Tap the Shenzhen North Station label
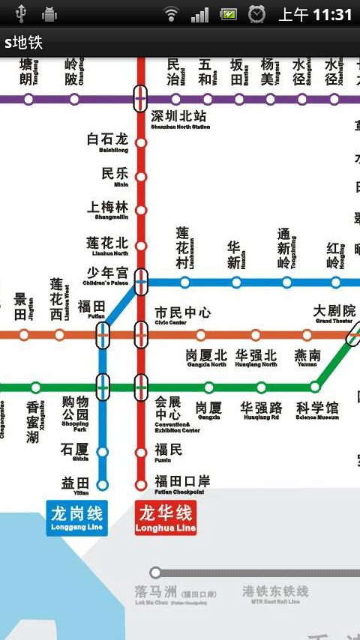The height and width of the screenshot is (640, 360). coord(179,119)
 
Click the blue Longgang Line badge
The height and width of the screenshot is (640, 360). coord(76,517)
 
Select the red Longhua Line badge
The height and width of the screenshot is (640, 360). coord(166,517)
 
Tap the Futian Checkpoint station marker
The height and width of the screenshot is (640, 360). coord(140,485)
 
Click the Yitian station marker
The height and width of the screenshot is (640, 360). coord(103,485)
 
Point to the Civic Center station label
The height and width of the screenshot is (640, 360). coord(182,315)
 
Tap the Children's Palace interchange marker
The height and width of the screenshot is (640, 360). coord(140,282)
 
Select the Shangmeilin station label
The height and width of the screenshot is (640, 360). coord(108,210)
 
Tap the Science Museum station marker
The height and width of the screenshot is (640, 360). coord(314,387)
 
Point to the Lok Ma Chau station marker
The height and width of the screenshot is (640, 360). coord(155,573)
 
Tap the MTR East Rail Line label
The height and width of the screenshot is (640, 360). coord(275,594)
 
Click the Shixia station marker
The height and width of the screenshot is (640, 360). coord(103,452)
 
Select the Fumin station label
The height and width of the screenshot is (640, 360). coord(168,451)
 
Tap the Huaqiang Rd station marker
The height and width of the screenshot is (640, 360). coord(261,387)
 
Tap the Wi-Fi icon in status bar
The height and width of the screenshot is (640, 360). coord(172,14)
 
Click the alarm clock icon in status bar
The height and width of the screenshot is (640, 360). coord(257,14)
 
